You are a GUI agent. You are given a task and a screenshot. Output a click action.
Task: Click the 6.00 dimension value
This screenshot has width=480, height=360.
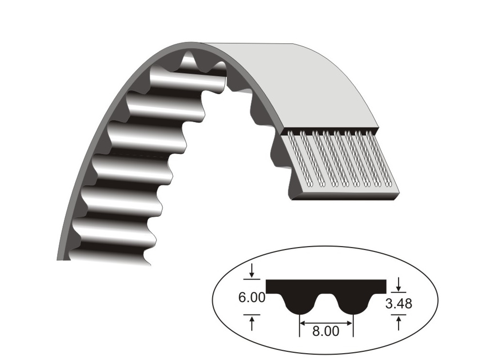pyautogui.click(x=251, y=298)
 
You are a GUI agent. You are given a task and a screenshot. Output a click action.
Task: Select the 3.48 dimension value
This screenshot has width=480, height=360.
pyautogui.click(x=398, y=304)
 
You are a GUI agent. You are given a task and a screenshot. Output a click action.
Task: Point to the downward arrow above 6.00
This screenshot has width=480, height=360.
pyautogui.click(x=252, y=271)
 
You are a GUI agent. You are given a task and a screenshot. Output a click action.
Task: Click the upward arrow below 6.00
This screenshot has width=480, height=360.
pyautogui.click(x=252, y=324)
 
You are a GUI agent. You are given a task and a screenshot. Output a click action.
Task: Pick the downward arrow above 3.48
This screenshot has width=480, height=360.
pyautogui.click(x=398, y=284)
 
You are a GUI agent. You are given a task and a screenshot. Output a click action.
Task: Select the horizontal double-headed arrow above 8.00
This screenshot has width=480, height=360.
pyautogui.click(x=326, y=323)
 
